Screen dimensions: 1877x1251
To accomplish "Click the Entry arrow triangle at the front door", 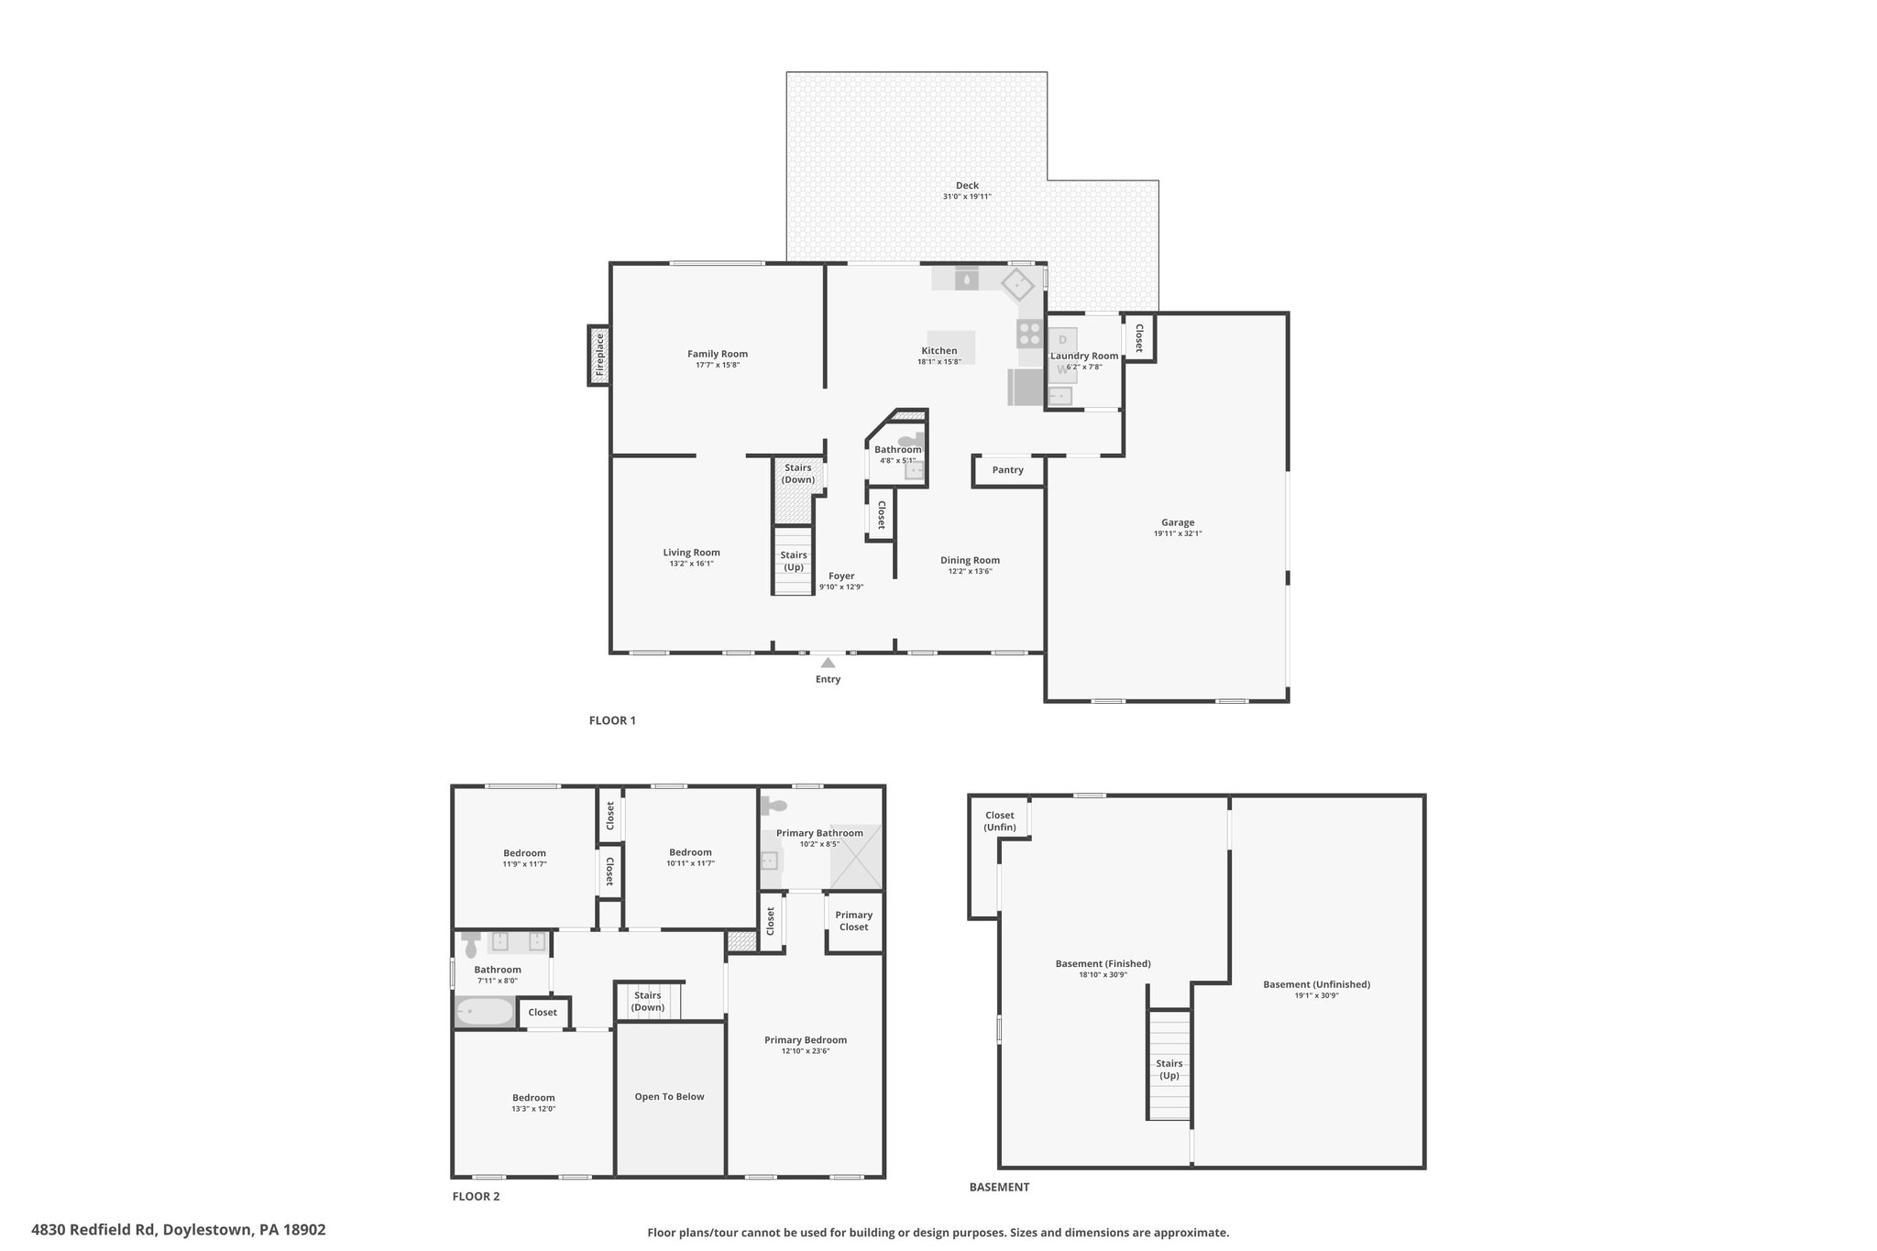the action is pos(828,662).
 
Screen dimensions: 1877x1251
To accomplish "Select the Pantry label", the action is pos(1007,470).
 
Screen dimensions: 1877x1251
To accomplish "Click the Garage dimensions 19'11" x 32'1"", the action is pos(1178,533).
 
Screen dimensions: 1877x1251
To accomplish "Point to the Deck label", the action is pos(967,186).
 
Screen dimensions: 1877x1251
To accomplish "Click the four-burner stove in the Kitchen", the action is pos(1030,334).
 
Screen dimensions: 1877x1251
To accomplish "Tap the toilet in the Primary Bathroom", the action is pos(774,806).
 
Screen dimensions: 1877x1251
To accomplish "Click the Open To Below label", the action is pos(669,1096).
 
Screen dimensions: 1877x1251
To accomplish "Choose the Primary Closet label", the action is pos(853,921).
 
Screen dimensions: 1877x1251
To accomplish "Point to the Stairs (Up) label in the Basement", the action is pos(1169,1070).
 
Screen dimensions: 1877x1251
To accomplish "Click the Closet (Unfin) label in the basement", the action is pos(1000,821).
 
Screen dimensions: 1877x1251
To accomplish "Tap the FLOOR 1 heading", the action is pos(612,720).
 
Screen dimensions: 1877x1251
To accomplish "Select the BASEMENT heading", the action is pos(999,1187).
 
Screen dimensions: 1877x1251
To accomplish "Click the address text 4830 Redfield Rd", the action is pos(93,1230).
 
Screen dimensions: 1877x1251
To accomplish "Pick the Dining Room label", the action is pos(970,560).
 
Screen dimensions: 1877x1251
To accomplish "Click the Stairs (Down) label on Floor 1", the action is pos(798,474).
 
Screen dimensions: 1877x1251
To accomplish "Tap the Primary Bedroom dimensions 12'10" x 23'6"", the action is pos(806,1051).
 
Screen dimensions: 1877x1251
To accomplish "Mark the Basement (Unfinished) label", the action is pos(1316,984).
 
